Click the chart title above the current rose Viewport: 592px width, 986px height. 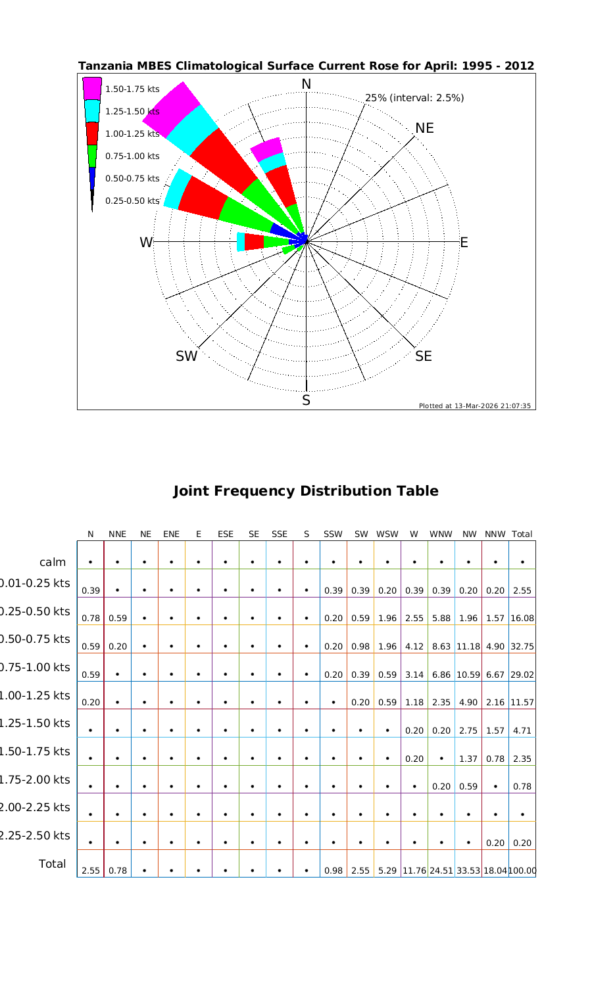point(306,66)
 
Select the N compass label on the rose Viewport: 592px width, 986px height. point(306,85)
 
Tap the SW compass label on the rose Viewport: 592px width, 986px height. point(187,356)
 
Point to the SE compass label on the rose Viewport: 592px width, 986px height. point(424,356)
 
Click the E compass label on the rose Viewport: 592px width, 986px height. point(464,243)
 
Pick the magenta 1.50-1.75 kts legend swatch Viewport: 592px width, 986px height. point(92,89)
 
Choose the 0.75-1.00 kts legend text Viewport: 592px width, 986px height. point(132,156)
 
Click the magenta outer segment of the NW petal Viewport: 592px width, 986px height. point(171,105)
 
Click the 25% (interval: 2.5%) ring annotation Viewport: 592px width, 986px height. point(414,98)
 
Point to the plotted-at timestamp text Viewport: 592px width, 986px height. point(475,406)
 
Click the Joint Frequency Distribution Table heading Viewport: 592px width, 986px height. point(306,491)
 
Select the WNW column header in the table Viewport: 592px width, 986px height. point(441,534)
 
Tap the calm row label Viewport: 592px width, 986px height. point(53,562)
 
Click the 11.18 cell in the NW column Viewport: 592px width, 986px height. point(469,646)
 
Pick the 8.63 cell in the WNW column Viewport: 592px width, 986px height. point(441,646)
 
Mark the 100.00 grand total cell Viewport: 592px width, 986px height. point(523,871)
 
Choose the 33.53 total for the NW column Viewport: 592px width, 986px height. point(469,871)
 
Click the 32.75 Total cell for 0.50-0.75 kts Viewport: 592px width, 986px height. point(522,646)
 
